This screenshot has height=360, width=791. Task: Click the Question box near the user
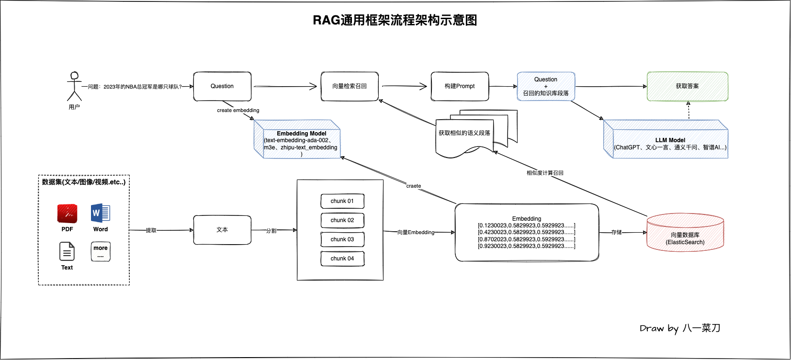[222, 86]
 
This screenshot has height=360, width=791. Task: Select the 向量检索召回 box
[350, 86]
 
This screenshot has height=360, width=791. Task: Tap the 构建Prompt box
[460, 86]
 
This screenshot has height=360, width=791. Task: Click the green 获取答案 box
[687, 86]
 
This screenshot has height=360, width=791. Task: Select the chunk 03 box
[342, 239]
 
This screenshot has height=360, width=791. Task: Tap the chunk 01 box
[342, 201]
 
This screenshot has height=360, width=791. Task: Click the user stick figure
[74, 86]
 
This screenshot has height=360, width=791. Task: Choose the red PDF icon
[67, 214]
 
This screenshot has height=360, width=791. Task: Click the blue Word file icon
[101, 213]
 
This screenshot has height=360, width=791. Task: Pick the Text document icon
[67, 251]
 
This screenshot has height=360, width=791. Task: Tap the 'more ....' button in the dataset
[101, 251]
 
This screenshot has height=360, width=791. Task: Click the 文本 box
[222, 230]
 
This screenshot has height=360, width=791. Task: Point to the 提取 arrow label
[151, 230]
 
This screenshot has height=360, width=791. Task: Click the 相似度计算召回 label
[545, 173]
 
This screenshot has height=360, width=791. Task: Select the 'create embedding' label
[238, 110]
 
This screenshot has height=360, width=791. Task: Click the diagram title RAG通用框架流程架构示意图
[395, 20]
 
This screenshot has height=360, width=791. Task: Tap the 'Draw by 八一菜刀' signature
[680, 328]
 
